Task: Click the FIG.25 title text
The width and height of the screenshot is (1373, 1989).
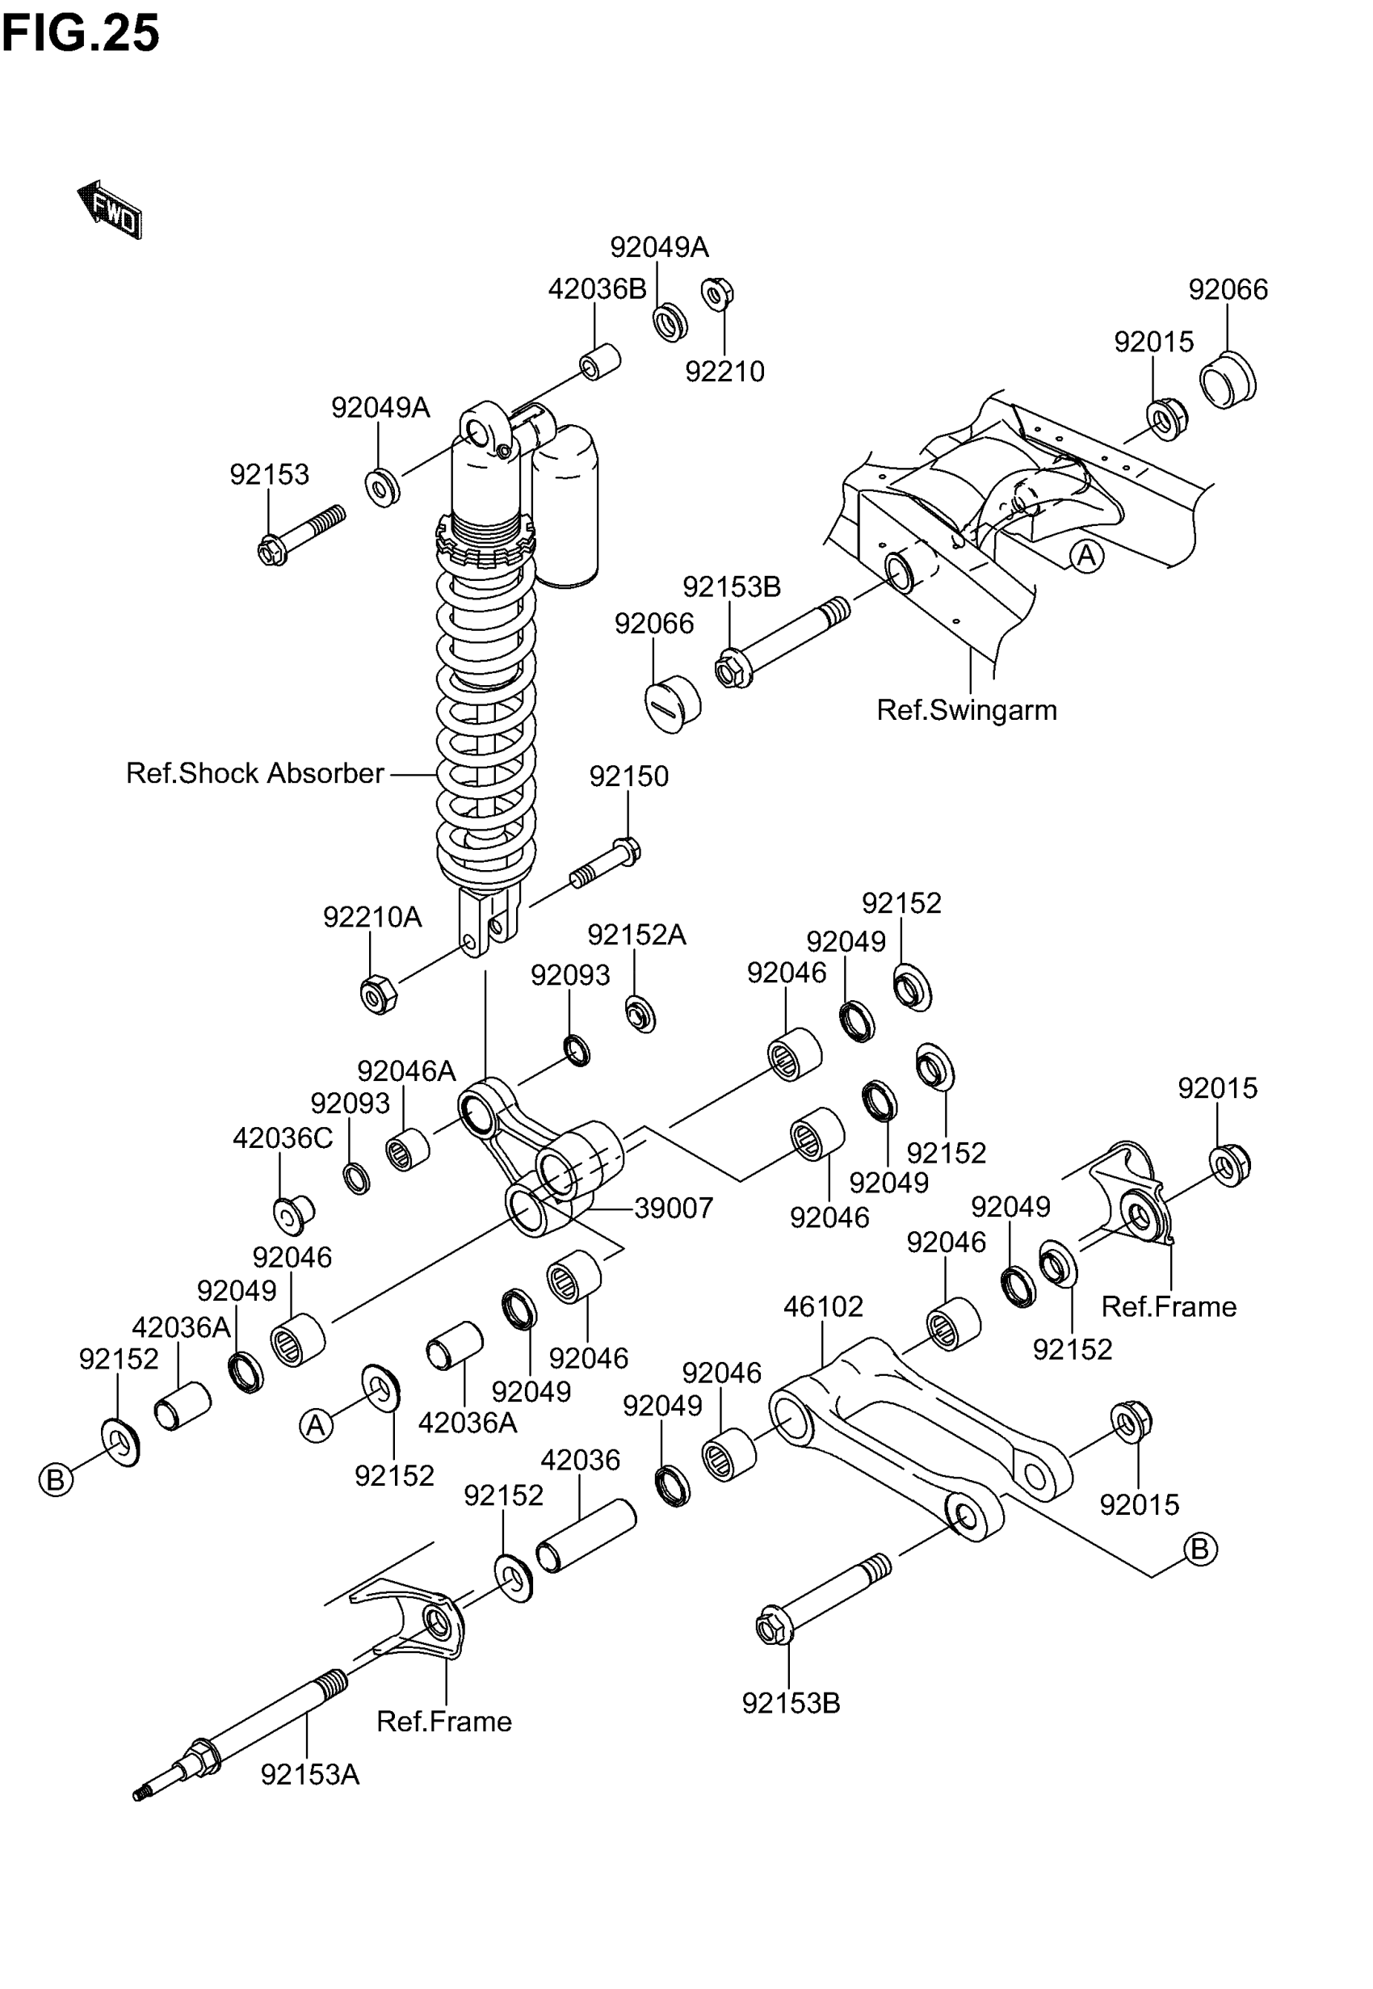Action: click(81, 35)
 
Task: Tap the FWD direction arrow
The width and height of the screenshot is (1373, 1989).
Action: click(110, 209)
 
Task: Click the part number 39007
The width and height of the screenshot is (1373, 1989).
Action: click(674, 1208)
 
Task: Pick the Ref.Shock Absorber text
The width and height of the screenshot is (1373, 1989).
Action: click(254, 772)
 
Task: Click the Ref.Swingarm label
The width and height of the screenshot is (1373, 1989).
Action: click(966, 710)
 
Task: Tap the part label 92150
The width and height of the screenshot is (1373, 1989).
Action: click(628, 776)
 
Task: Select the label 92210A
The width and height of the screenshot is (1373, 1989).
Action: click(372, 917)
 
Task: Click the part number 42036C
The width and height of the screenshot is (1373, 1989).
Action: click(282, 1138)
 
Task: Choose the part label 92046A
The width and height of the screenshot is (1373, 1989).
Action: click(406, 1070)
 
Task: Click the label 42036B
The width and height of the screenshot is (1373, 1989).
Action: click(597, 289)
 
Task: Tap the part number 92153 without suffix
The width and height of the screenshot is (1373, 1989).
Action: click(268, 474)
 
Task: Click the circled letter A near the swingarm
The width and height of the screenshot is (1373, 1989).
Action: click(1086, 556)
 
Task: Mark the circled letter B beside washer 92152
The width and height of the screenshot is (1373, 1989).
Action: click(56, 1480)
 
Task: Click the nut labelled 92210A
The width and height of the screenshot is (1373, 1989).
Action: click(378, 995)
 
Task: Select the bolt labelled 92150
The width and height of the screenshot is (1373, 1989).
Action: click(607, 864)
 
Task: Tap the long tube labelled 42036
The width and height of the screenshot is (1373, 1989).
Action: click(586, 1536)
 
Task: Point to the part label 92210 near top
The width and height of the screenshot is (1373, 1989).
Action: click(724, 372)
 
